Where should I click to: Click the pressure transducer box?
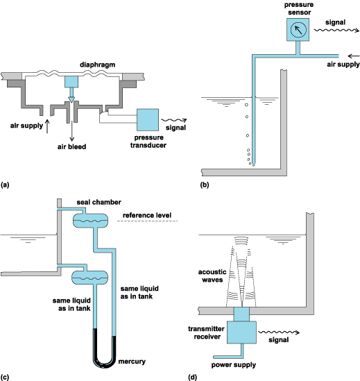148,120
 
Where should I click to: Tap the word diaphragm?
97,65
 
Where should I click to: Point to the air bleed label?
71,146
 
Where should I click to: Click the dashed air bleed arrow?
71,130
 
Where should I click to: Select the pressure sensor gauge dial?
298,30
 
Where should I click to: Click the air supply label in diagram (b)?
343,65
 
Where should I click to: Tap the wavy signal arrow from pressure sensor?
336,30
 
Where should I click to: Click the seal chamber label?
99,202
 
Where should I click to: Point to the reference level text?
147,215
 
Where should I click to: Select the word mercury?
132,362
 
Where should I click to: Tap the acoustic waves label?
212,276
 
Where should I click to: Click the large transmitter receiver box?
241,332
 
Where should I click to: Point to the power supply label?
234,365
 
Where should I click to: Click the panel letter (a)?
5,185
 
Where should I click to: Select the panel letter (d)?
192,378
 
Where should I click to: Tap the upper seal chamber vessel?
90,221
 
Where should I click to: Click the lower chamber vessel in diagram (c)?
90,278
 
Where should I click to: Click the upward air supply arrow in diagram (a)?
47,126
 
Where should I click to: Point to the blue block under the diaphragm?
71,82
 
